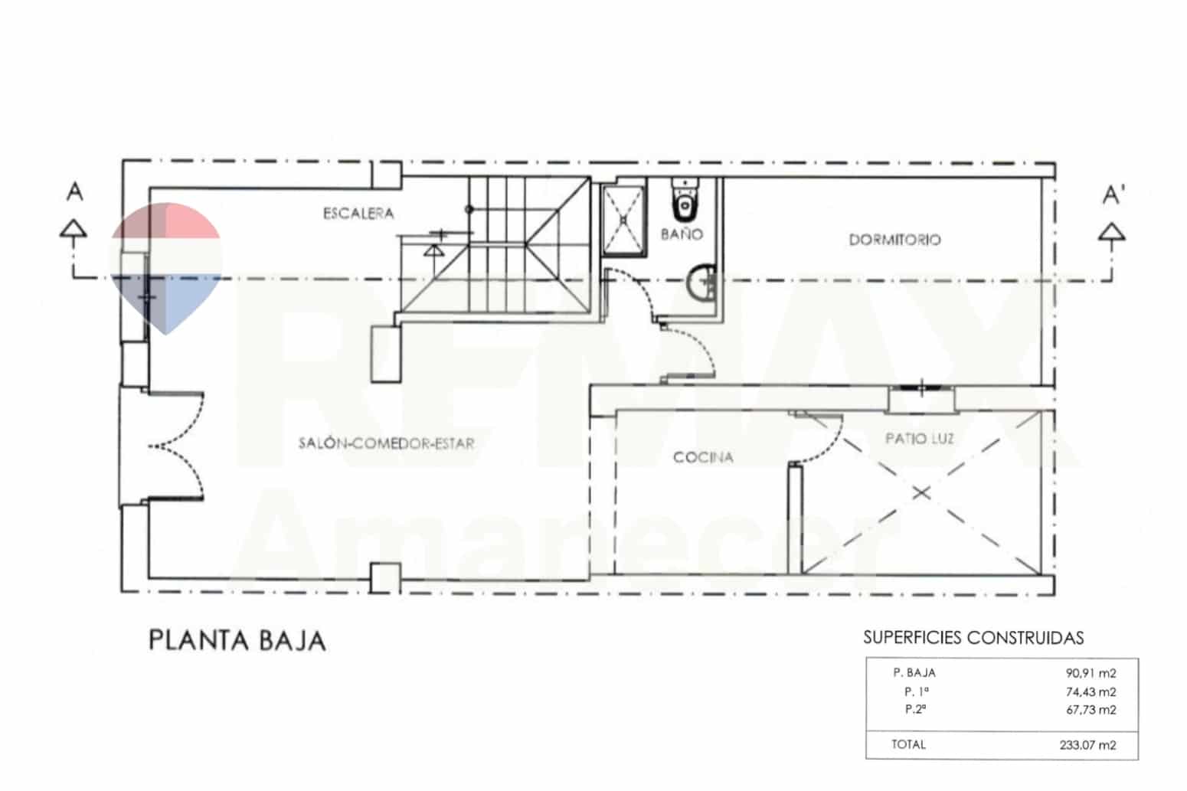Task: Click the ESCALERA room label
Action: pos(358,214)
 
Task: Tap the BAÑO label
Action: pos(681,234)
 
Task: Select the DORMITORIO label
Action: pos(894,240)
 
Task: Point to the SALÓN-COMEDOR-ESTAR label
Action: pos(386,443)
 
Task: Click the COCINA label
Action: pos(703,457)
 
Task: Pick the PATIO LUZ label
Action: pos(919,439)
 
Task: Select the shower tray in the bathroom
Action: pos(623,219)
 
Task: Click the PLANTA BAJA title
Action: pos(237,640)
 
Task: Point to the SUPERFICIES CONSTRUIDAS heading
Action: pos(973,637)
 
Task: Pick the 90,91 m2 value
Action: pos(1091,674)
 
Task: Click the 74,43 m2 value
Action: pos(1091,691)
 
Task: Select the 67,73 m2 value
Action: pos(1091,709)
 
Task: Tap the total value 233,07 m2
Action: pos(1087,744)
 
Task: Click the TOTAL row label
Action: pos(908,744)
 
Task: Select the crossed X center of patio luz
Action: pos(921,492)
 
